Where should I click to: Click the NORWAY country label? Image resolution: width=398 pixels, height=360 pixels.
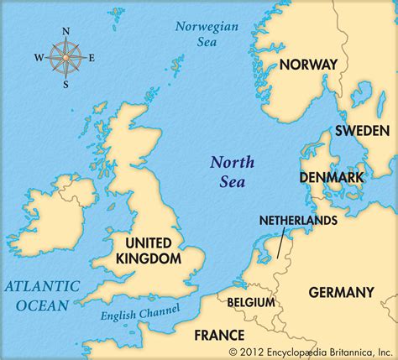[x=308, y=65]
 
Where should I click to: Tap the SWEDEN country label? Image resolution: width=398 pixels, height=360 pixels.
[x=362, y=131]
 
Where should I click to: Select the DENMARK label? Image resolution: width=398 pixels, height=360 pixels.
[x=332, y=178]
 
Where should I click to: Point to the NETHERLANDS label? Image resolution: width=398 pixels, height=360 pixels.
[x=298, y=220]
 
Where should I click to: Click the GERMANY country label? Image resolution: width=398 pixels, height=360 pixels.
[x=341, y=292]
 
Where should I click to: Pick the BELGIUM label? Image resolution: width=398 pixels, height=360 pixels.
[x=251, y=301]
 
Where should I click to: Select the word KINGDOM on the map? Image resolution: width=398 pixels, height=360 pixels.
[x=148, y=259]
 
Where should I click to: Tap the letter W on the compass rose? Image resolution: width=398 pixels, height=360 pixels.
[x=38, y=58]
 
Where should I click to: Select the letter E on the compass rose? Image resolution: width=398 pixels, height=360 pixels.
[x=92, y=57]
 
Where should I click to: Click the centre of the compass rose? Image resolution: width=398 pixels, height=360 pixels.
[x=65, y=58]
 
